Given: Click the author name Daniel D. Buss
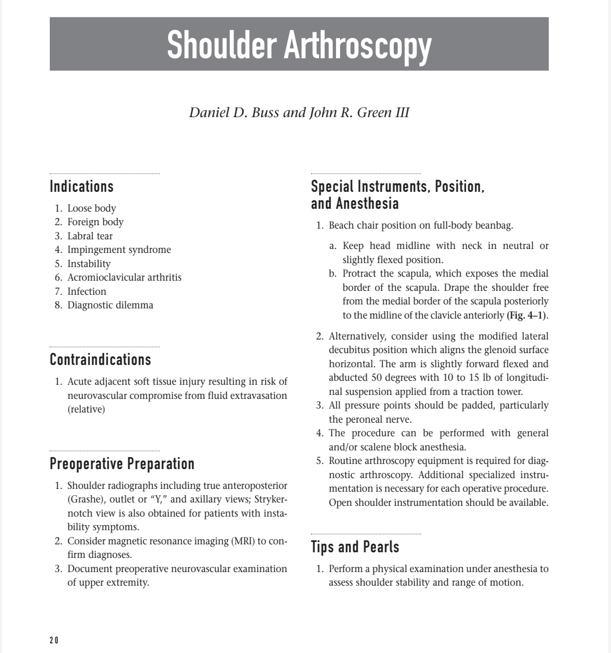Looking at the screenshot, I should coord(234,112).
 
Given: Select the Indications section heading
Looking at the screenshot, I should coord(81,186).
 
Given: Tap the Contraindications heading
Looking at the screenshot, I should coord(100,359).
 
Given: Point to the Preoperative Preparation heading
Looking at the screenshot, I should coord(122,464).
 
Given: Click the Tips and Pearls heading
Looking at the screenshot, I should coord(355,547).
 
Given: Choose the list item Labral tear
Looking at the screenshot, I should coord(90,236).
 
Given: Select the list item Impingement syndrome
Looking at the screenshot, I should coord(119,250).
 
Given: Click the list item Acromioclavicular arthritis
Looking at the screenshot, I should coord(124,277).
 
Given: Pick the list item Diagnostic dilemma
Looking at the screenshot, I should coord(110,305).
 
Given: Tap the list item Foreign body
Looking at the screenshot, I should coord(95,222).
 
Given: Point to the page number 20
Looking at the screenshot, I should coord(54,640).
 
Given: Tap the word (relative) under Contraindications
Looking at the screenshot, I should coord(86,409).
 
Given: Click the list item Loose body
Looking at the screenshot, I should coord(92,208).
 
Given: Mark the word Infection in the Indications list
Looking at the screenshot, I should coord(87,291).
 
